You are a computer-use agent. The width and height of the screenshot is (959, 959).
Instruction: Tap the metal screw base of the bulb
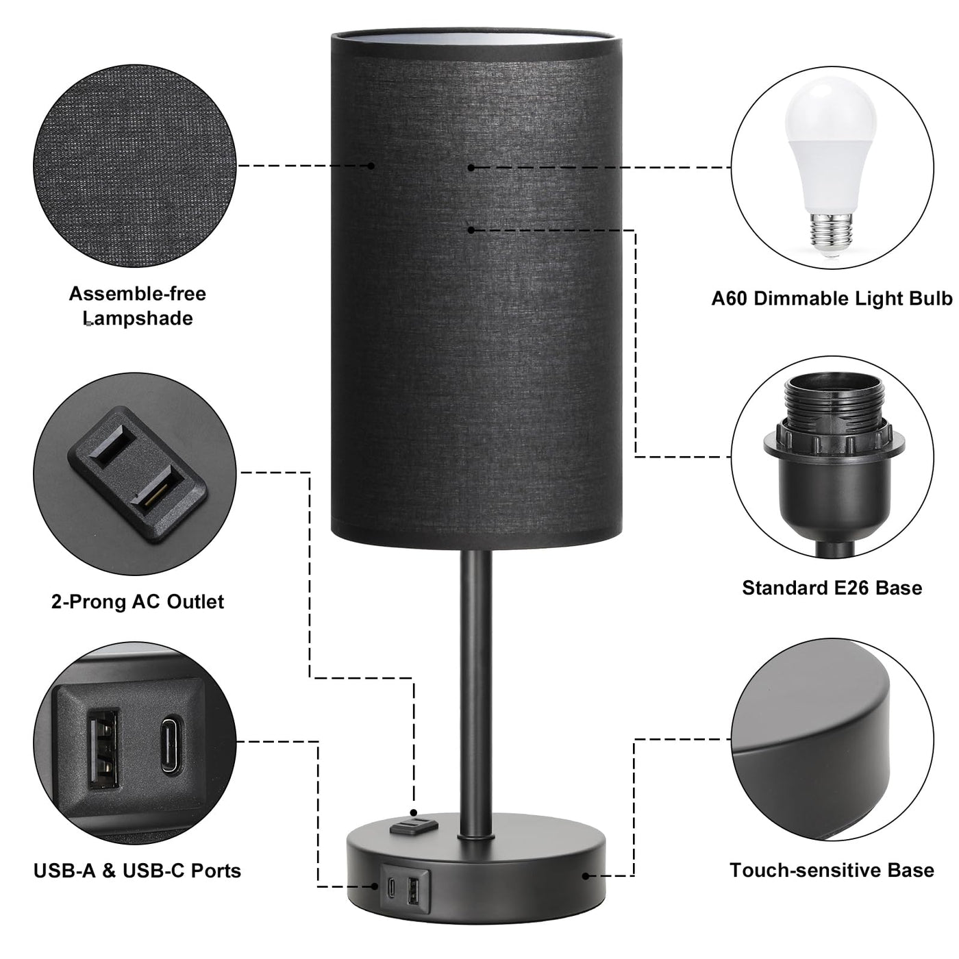830,233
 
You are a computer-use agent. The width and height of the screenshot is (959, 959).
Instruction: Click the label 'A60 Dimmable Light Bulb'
832,299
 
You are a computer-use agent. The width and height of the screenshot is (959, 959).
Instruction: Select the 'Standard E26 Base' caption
832,588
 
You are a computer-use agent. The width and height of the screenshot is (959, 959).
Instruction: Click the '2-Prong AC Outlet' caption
138,601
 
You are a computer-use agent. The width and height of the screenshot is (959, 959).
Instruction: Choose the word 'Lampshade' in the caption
138,319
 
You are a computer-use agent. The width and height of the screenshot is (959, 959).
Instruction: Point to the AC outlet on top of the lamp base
413,827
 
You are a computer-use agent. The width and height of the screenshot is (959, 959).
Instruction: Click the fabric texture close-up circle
136,165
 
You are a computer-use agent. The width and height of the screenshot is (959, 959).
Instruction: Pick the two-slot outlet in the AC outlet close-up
138,474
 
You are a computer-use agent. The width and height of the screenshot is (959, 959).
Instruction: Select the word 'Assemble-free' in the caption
138,294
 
